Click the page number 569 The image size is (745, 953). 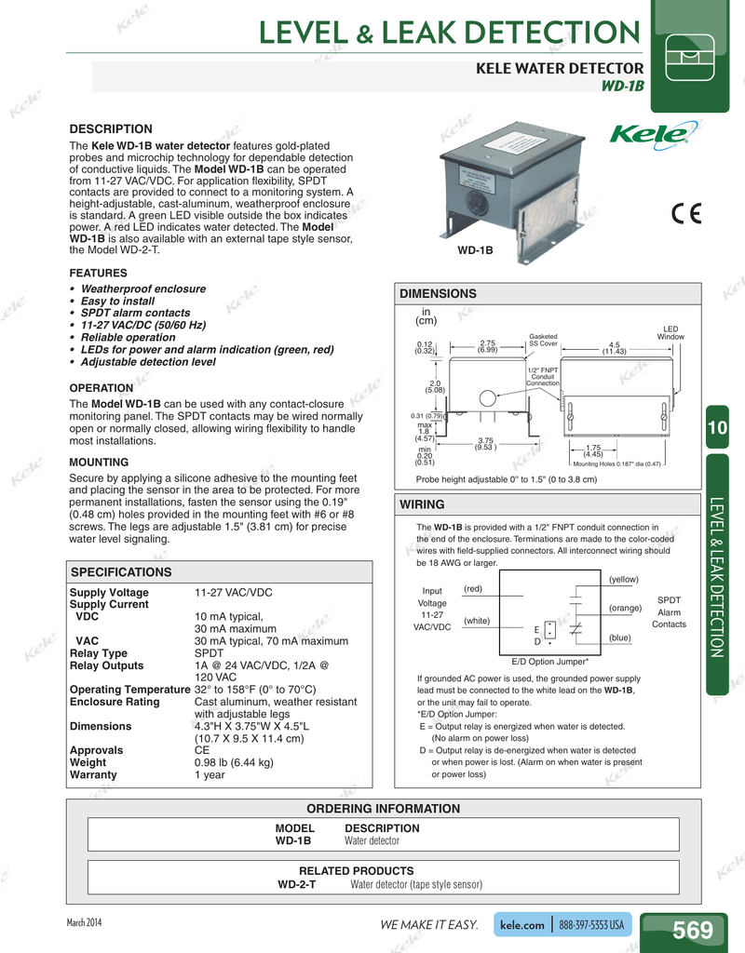tap(693, 930)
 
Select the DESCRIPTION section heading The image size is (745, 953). tap(111, 128)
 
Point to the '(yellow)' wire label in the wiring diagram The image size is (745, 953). tap(623, 579)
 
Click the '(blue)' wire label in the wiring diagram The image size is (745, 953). tap(620, 638)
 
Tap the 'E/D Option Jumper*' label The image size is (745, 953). tap(549, 661)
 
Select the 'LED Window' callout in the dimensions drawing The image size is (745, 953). tap(670, 332)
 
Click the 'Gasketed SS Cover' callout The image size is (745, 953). tap(543, 340)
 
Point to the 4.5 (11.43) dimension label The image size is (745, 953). tap(614, 347)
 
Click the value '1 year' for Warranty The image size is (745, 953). tap(210, 774)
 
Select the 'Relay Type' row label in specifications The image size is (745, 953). tap(99, 653)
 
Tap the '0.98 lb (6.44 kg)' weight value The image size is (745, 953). tap(234, 762)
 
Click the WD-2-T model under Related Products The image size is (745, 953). tap(297, 884)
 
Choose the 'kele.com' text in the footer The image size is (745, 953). tap(521, 925)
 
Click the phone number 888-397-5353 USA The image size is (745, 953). tap(591, 925)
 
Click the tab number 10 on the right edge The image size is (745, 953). tap(716, 427)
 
